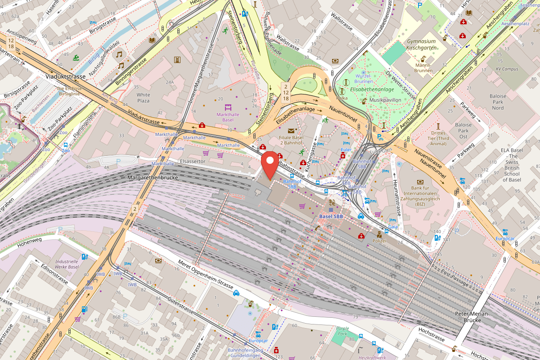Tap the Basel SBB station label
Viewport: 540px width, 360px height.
click(x=331, y=216)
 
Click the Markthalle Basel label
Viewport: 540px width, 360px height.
click(x=228, y=117)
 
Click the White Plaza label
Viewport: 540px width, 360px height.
click(x=143, y=98)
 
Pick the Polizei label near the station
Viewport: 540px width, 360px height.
click(x=379, y=242)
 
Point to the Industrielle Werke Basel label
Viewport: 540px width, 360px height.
click(x=67, y=264)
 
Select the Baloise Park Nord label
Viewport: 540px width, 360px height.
click(x=498, y=102)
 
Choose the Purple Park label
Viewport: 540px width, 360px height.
click(x=343, y=332)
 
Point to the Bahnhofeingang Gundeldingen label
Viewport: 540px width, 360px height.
click(x=244, y=353)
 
